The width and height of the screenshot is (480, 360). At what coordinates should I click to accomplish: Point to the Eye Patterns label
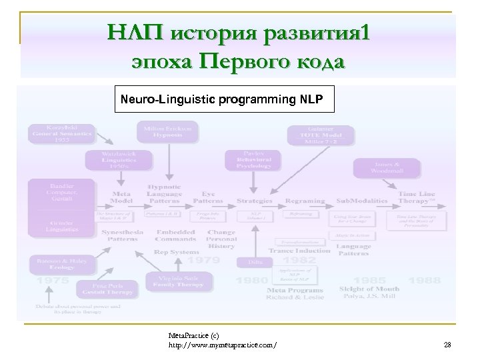click(208, 197)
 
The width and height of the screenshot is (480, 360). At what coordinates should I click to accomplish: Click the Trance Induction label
click(299, 251)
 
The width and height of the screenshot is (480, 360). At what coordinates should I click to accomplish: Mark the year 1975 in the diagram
click(53, 281)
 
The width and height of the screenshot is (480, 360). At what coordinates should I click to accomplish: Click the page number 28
click(447, 344)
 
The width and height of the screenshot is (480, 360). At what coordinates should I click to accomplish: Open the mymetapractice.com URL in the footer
click(223, 345)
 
